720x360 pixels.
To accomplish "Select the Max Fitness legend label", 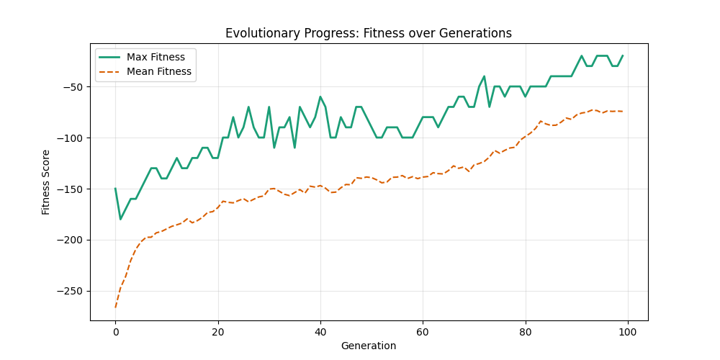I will [156, 57].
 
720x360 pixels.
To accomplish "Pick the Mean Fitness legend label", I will [158, 71].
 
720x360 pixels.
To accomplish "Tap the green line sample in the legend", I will [109, 57].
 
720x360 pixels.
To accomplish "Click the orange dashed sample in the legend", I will [109, 71].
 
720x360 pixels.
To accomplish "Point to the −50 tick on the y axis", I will [73, 87].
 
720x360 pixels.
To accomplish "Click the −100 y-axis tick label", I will [71, 138].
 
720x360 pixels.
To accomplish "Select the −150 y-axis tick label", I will [71, 189].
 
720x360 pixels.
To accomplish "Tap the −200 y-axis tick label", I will [71, 240].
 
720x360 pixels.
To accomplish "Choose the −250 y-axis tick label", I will [71, 292].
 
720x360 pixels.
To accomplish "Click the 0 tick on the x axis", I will [115, 332].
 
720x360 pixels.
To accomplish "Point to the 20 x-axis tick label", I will [217, 332].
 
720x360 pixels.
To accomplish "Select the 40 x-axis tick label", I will [320, 332].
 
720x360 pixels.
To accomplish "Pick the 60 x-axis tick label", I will [423, 332].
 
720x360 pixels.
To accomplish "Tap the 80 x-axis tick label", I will [525, 332].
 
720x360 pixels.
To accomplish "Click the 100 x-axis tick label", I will [627, 332].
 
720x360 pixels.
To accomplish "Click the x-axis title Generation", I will [369, 346].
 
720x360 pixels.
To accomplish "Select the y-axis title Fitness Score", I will [47, 182].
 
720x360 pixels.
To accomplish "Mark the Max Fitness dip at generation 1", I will [120, 219].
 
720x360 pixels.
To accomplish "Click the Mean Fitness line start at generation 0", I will [115, 307].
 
